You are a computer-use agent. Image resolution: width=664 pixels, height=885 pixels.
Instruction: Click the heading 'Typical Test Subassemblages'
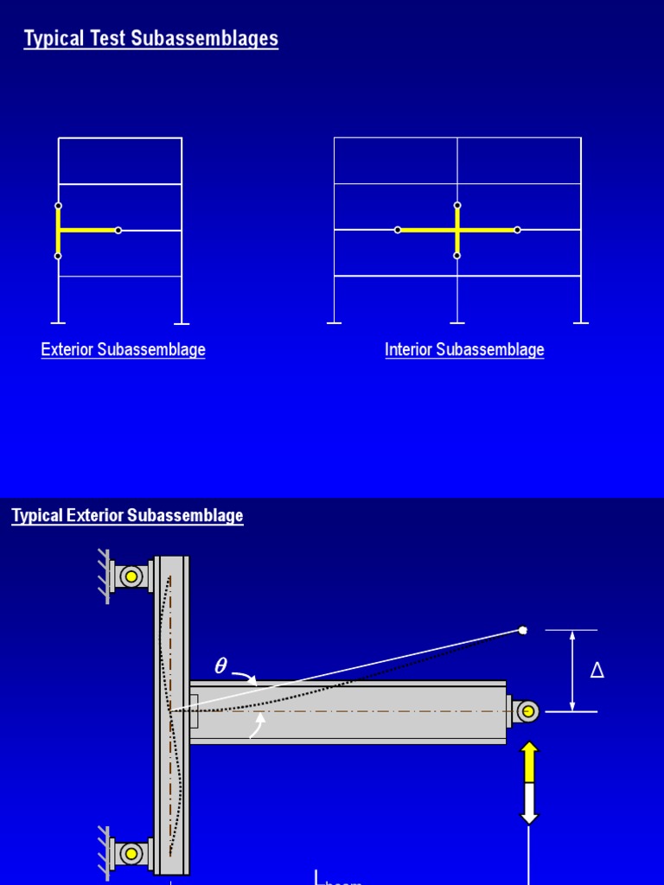151,39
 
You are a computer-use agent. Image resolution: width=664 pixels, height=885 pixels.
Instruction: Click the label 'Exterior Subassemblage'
123,350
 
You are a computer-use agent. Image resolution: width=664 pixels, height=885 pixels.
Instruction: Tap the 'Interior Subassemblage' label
464,350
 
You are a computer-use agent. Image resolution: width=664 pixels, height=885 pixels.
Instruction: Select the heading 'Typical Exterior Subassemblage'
127,516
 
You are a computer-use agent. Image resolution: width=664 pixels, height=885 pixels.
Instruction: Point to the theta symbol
220,666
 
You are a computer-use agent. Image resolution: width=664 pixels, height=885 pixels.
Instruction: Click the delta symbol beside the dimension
597,671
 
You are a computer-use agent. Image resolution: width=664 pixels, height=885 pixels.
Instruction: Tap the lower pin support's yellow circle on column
131,854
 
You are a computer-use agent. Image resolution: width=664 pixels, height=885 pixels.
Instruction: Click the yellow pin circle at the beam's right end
526,711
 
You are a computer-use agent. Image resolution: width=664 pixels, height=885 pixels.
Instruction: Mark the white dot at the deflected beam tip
523,630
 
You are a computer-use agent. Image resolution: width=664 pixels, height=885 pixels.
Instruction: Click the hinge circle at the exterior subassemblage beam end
118,230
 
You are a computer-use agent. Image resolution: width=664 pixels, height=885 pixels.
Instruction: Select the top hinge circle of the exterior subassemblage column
58,206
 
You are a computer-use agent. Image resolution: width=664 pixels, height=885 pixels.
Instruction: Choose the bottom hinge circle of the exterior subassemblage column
58,256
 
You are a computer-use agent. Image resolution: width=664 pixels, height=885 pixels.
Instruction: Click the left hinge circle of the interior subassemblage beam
398,230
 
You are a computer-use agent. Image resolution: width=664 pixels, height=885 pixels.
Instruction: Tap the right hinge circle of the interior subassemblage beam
517,230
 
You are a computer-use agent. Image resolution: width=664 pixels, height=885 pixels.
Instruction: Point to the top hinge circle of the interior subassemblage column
457,206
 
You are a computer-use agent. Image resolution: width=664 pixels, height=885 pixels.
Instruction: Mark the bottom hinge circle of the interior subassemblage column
457,256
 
